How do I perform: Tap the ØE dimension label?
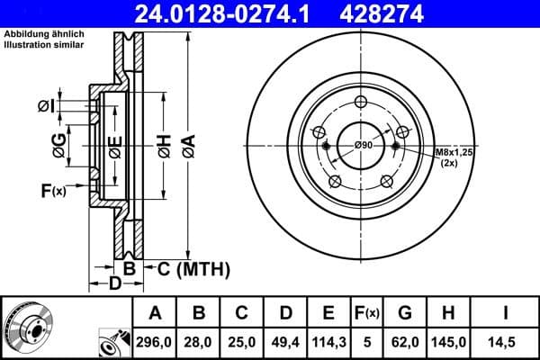tap(114, 146)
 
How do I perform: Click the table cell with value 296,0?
tap(155, 341)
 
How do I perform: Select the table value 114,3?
tap(328, 341)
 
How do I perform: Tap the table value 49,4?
tap(284, 341)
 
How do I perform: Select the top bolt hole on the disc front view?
tap(362, 102)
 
